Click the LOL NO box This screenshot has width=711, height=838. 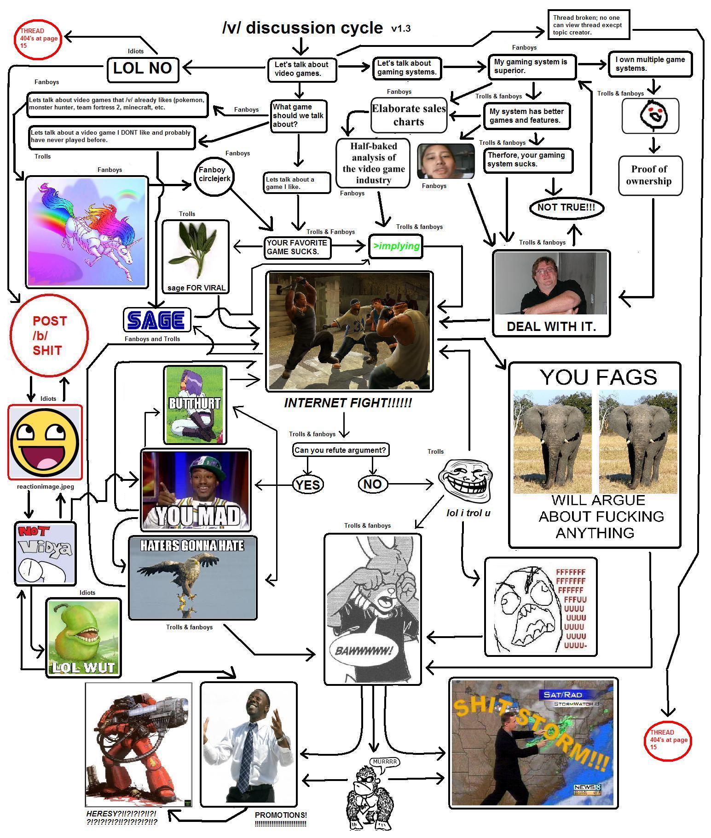click(x=142, y=68)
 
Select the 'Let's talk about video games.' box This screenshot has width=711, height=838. click(x=301, y=69)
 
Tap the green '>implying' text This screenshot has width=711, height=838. click(x=396, y=246)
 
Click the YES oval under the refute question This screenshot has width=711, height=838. click(x=308, y=485)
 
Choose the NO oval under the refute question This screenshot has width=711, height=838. click(x=372, y=484)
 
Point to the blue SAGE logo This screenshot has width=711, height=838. click(x=157, y=320)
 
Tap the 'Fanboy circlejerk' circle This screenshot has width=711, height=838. click(x=214, y=175)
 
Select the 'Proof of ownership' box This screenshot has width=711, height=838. click(x=649, y=175)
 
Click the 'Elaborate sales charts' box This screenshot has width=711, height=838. click(x=409, y=115)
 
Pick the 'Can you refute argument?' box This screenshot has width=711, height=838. click(x=340, y=450)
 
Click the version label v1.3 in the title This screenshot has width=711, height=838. click(x=401, y=29)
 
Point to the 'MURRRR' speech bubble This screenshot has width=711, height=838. click(x=385, y=762)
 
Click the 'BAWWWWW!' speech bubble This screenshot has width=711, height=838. click(x=364, y=651)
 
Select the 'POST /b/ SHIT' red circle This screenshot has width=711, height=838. click(x=49, y=336)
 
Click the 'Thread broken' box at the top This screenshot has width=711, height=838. click(x=588, y=25)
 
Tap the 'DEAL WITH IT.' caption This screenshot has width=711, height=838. click(x=551, y=326)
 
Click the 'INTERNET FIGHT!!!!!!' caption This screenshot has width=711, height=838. click(x=348, y=403)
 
